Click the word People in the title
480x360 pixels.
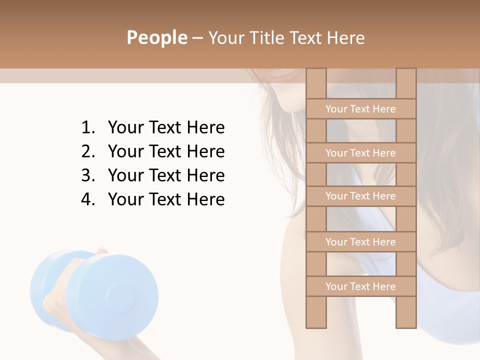156,38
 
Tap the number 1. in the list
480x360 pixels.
87,128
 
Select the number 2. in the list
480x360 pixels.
87,152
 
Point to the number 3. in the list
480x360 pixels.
87,176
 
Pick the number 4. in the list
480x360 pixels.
87,200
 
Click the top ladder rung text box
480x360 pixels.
360,109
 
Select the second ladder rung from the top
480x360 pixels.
360,153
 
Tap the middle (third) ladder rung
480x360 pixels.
360,196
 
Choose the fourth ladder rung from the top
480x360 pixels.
360,242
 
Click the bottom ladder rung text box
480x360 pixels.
360,286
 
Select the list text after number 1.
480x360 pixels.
166,128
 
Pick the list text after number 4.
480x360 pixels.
166,200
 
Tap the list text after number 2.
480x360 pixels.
166,152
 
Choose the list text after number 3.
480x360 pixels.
166,176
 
